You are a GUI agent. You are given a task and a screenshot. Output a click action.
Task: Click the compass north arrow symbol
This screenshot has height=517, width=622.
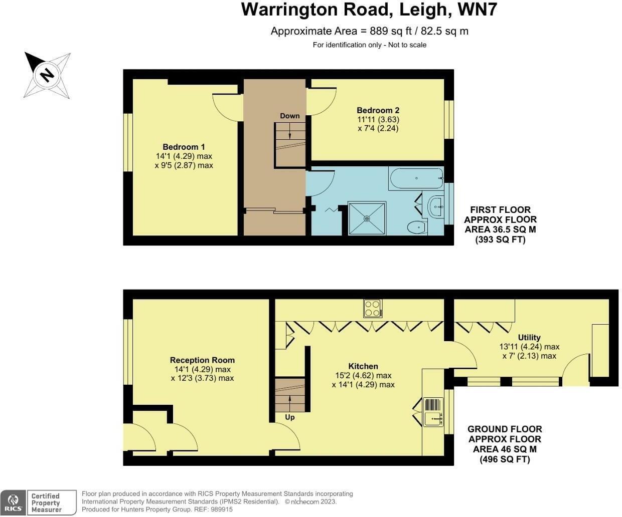click(x=47, y=75)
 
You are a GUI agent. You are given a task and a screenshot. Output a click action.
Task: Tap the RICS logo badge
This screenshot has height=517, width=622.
click(x=13, y=502)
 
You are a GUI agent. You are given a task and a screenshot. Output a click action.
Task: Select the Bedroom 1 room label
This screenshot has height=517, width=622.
click(x=184, y=147)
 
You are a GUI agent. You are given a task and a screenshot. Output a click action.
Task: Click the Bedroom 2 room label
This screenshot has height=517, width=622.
click(x=378, y=110)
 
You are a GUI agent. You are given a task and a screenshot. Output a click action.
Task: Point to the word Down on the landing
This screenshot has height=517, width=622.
click(x=289, y=116)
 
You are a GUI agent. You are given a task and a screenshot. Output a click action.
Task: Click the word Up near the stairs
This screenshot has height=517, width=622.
click(x=289, y=417)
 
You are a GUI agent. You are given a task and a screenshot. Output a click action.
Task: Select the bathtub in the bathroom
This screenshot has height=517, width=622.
click(x=416, y=178)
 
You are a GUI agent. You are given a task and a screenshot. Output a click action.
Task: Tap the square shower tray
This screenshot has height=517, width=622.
click(x=367, y=218)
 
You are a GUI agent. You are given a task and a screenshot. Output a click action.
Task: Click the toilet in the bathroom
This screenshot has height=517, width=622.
click(x=416, y=228)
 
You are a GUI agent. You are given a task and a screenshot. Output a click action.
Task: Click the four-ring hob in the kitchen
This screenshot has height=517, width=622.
click(x=373, y=308)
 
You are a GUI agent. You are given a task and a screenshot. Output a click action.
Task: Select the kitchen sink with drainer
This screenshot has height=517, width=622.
click(x=433, y=412)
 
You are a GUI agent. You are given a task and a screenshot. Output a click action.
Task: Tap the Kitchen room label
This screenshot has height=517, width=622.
click(x=363, y=366)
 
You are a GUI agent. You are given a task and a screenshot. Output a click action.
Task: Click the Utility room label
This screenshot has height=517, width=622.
click(x=529, y=337)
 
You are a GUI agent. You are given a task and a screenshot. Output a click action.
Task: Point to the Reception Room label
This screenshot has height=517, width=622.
click(x=202, y=360)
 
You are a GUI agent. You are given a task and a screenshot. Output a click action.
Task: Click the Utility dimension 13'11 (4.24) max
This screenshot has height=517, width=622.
click(x=529, y=347)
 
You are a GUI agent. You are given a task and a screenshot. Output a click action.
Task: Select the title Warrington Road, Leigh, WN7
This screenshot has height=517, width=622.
click(x=369, y=10)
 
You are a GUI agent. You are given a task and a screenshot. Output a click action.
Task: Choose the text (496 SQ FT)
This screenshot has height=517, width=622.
click(x=505, y=459)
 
